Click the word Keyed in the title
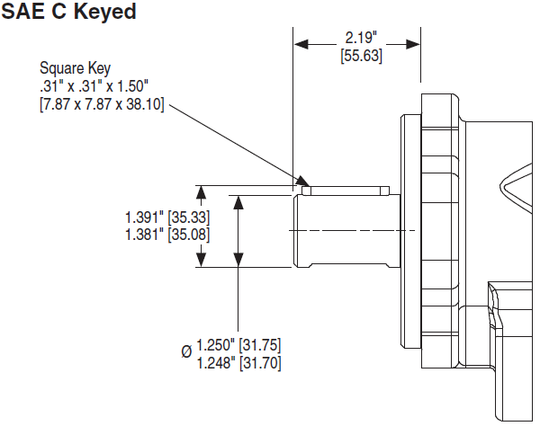104,13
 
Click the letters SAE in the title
22,11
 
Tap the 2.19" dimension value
361,38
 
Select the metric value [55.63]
361,56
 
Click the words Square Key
75,68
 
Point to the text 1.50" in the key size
133,86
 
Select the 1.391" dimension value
144,217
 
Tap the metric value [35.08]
189,235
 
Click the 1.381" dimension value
144,235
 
